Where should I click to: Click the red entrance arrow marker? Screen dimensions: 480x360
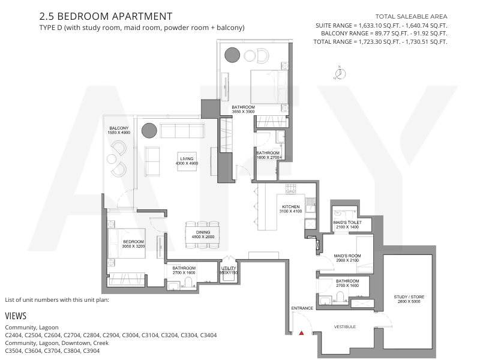point(302,333)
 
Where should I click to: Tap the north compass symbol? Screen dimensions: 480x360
point(340,73)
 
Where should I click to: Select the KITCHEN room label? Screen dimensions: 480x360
point(291,206)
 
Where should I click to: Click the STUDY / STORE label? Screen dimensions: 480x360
point(409,296)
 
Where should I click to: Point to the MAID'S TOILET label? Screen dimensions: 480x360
point(347,222)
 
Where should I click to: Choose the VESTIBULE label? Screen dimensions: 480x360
point(344,326)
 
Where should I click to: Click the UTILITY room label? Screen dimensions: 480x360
point(229,268)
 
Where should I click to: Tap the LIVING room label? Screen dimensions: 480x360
point(187,158)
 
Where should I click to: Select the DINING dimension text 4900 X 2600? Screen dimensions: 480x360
point(203,237)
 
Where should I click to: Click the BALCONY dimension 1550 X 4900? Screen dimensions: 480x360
point(119,133)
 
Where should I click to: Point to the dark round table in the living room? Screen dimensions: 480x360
point(149,131)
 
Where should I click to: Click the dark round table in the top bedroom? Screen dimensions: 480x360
point(232,55)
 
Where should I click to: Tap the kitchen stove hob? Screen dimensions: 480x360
point(290,188)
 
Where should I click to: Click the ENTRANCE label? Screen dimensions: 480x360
point(302,308)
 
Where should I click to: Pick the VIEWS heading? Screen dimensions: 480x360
point(16,316)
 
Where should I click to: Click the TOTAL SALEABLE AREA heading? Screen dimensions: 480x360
point(411,17)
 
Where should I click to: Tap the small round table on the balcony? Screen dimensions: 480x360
point(112,159)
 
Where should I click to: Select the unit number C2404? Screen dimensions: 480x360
point(13,335)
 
